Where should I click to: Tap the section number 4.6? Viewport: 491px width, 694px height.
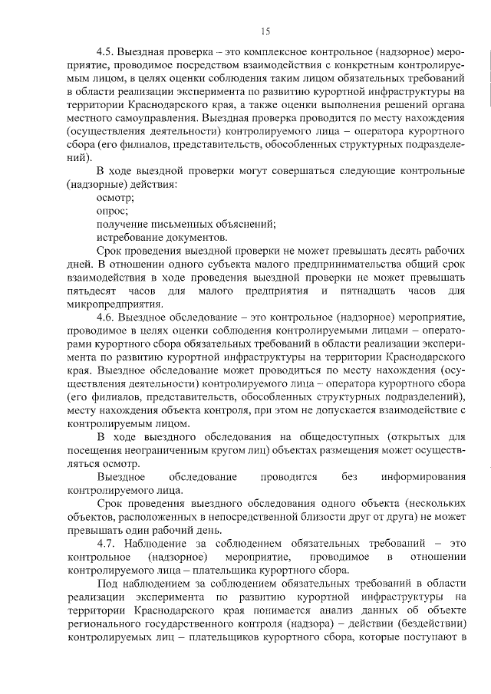pos(107,317)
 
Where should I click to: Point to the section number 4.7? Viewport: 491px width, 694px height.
pos(107,543)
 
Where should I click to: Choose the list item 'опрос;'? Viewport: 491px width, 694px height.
pos(112,210)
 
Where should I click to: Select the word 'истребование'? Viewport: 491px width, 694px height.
pos(130,238)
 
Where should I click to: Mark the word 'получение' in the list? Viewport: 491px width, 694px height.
pos(121,224)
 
